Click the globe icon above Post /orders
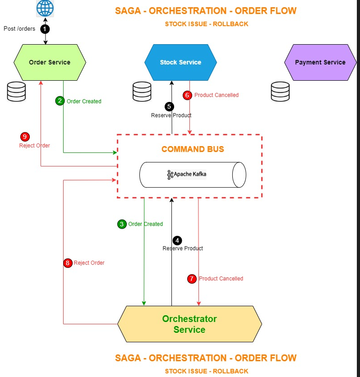[45, 8]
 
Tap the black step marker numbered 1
[45, 29]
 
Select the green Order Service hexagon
[50, 62]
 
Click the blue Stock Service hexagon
[180, 62]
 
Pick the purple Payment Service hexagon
[320, 62]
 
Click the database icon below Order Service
[17, 92]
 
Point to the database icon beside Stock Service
[142, 92]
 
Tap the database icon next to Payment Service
[280, 92]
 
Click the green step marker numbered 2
[60, 101]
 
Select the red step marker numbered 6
[187, 95]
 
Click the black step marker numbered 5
[169, 106]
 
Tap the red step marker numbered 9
[25, 137]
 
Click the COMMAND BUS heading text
[193, 149]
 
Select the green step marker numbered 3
[122, 224]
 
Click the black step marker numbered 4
[178, 240]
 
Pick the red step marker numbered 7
[192, 279]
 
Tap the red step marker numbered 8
[68, 263]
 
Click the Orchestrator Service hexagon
[189, 324]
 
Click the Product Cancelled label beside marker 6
[217, 95]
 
